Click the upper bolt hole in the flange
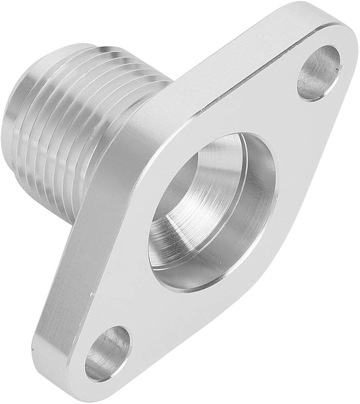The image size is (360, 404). point(319,72)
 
